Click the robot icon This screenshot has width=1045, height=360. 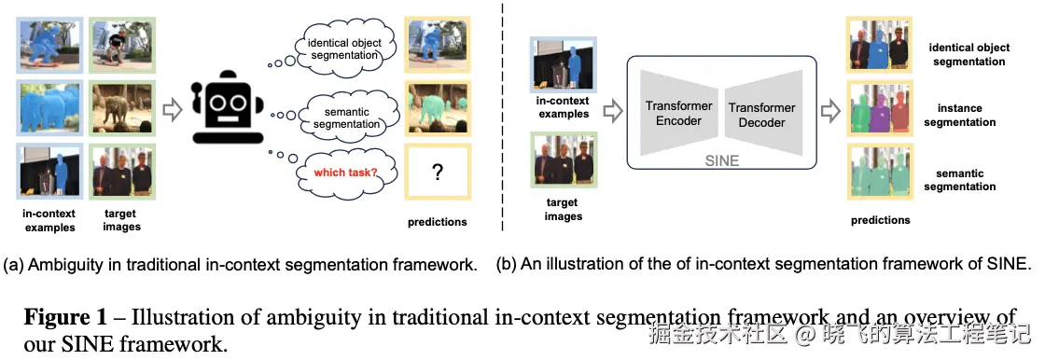tap(227, 107)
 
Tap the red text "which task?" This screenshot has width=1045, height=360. tap(345, 173)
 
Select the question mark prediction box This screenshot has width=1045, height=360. tap(438, 173)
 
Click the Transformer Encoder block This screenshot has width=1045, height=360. tap(678, 114)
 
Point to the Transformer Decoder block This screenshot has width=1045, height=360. tap(761, 115)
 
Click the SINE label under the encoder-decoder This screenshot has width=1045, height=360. tap(722, 161)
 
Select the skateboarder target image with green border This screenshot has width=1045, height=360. tap(122, 45)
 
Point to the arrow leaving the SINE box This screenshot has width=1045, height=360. tap(830, 111)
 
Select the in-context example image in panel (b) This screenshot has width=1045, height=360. tap(564, 64)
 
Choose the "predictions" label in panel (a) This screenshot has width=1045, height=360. tap(438, 222)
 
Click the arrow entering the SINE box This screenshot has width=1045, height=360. tap(612, 111)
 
